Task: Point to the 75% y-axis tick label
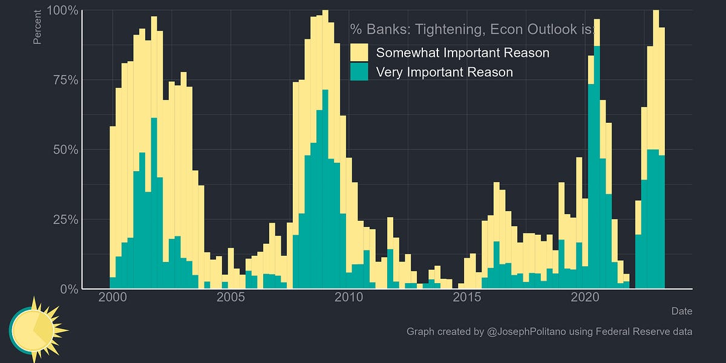(x=63, y=80)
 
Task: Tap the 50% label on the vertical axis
(x=63, y=149)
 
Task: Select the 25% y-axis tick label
(x=63, y=219)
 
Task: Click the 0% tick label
(x=67, y=289)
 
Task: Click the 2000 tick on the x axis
(x=113, y=297)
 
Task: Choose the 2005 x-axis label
(x=231, y=297)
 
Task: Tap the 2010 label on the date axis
(x=349, y=297)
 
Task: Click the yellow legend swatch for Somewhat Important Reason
(x=359, y=53)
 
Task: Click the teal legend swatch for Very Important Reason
(x=359, y=72)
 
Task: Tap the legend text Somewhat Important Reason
(x=462, y=53)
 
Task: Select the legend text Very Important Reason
(x=444, y=72)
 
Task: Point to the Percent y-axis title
(x=38, y=27)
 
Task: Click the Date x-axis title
(x=681, y=311)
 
